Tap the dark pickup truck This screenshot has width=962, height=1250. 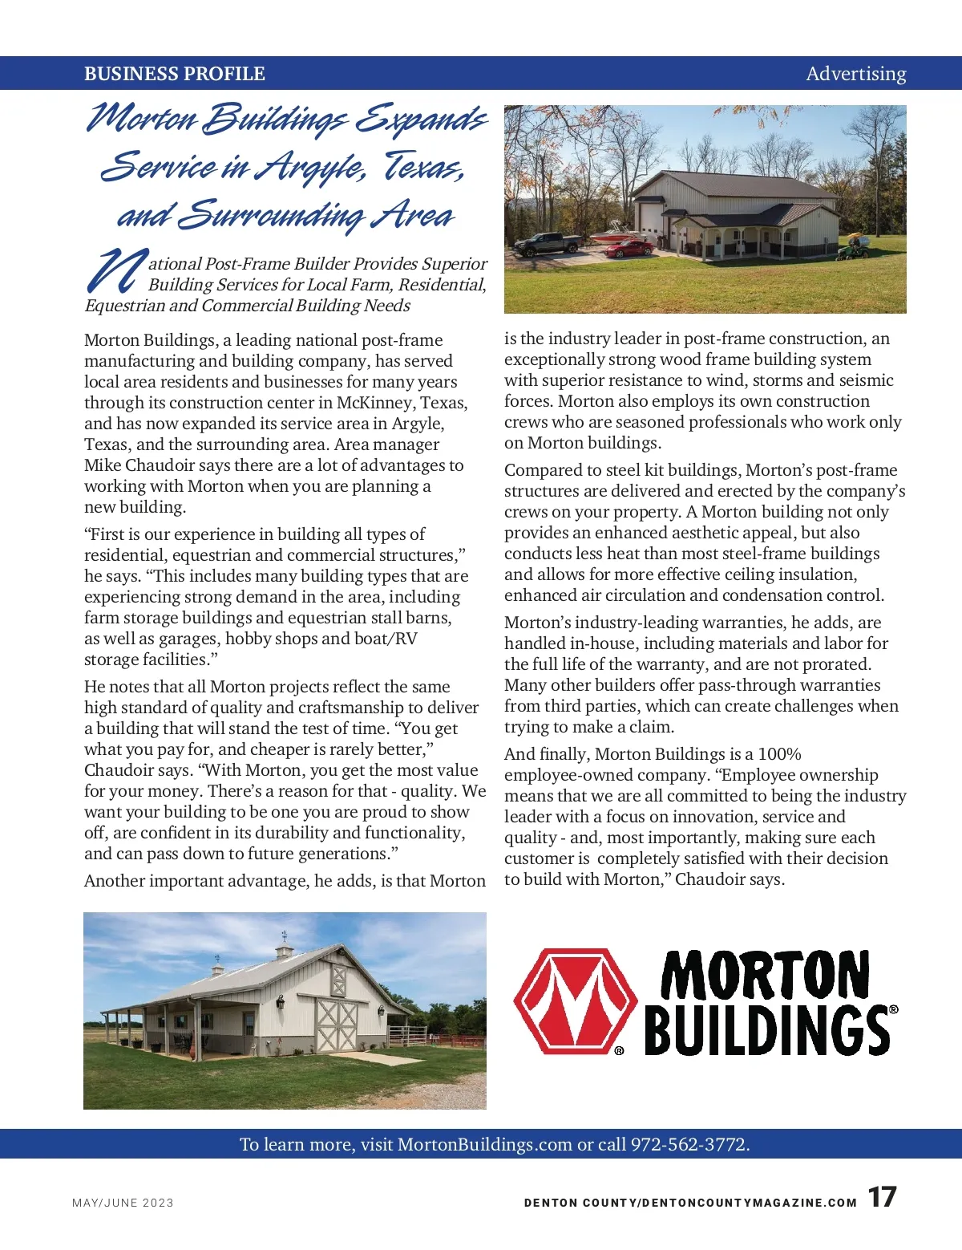pyautogui.click(x=548, y=243)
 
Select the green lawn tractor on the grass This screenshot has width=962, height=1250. pyautogui.click(x=853, y=250)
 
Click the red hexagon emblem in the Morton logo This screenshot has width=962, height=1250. pyautogui.click(x=575, y=1001)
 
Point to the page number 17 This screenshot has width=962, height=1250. pyautogui.click(x=882, y=1197)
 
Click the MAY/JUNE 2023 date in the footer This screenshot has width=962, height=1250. pyautogui.click(x=123, y=1203)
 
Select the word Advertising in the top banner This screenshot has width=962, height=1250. pyautogui.click(x=855, y=74)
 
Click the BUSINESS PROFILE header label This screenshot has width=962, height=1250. pyautogui.click(x=175, y=74)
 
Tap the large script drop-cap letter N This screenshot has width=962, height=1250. pyautogui.click(x=116, y=270)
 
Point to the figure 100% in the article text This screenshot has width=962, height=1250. pyautogui.click(x=779, y=754)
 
